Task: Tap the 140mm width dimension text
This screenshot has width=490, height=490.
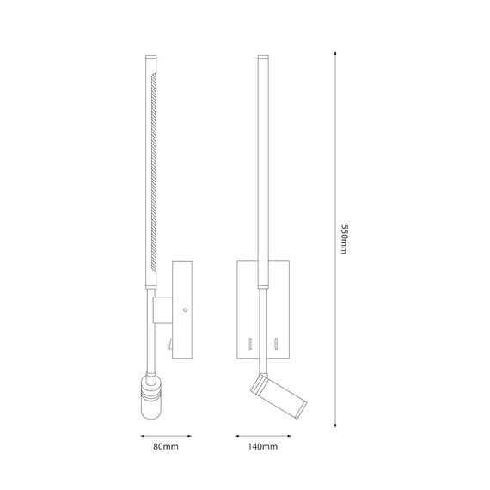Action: click(x=263, y=448)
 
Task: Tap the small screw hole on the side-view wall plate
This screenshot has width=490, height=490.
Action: click(x=185, y=310)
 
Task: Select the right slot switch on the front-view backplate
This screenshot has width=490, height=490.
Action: click(x=277, y=344)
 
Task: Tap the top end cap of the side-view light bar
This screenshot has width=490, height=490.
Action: click(x=147, y=60)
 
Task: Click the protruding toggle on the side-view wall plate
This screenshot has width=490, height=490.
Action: click(x=171, y=346)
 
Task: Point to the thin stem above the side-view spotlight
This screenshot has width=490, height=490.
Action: click(x=147, y=344)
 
